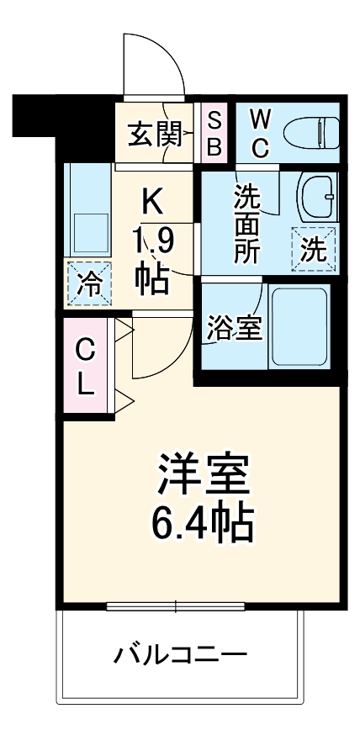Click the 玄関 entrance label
tap(153, 133)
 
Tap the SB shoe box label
tap(214, 133)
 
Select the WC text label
tap(260, 133)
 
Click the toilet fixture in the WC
tap(310, 132)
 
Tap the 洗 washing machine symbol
tap(313, 250)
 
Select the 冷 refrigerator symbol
tap(87, 283)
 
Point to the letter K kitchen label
tap(152, 203)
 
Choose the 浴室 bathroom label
tap(235, 329)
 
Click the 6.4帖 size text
tap(203, 524)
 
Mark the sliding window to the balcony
tap(176, 605)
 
